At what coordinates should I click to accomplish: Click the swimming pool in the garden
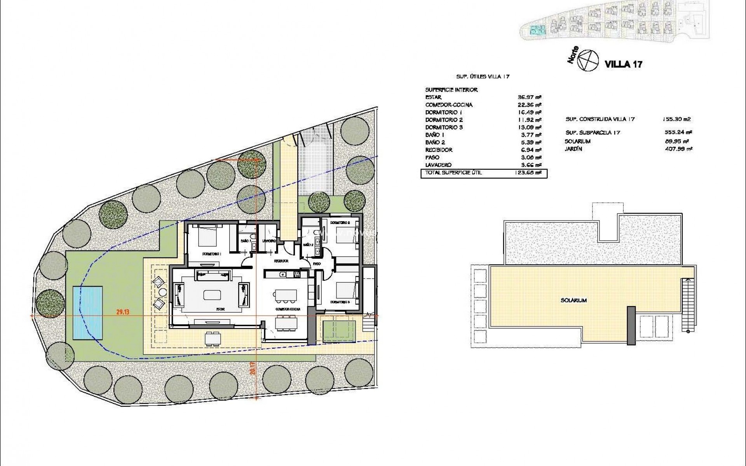(x=88, y=312)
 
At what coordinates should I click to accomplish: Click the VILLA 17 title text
(x=623, y=64)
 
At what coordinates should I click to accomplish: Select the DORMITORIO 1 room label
(x=212, y=254)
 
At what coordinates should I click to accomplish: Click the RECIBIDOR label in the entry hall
(x=281, y=261)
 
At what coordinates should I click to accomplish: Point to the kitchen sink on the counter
(x=283, y=275)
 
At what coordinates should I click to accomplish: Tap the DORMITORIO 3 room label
(x=340, y=302)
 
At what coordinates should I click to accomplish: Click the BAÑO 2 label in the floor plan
(x=308, y=245)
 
